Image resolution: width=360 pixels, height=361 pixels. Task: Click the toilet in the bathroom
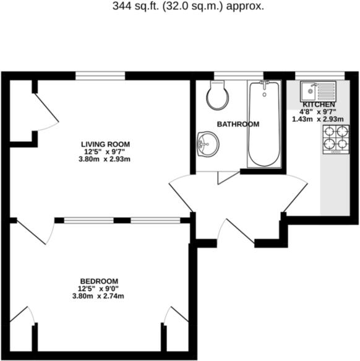point(218,95)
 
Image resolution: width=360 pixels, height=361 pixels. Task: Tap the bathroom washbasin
point(207,144)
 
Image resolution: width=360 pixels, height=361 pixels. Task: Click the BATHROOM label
point(238,124)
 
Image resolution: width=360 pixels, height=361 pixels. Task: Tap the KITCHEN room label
point(319,105)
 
